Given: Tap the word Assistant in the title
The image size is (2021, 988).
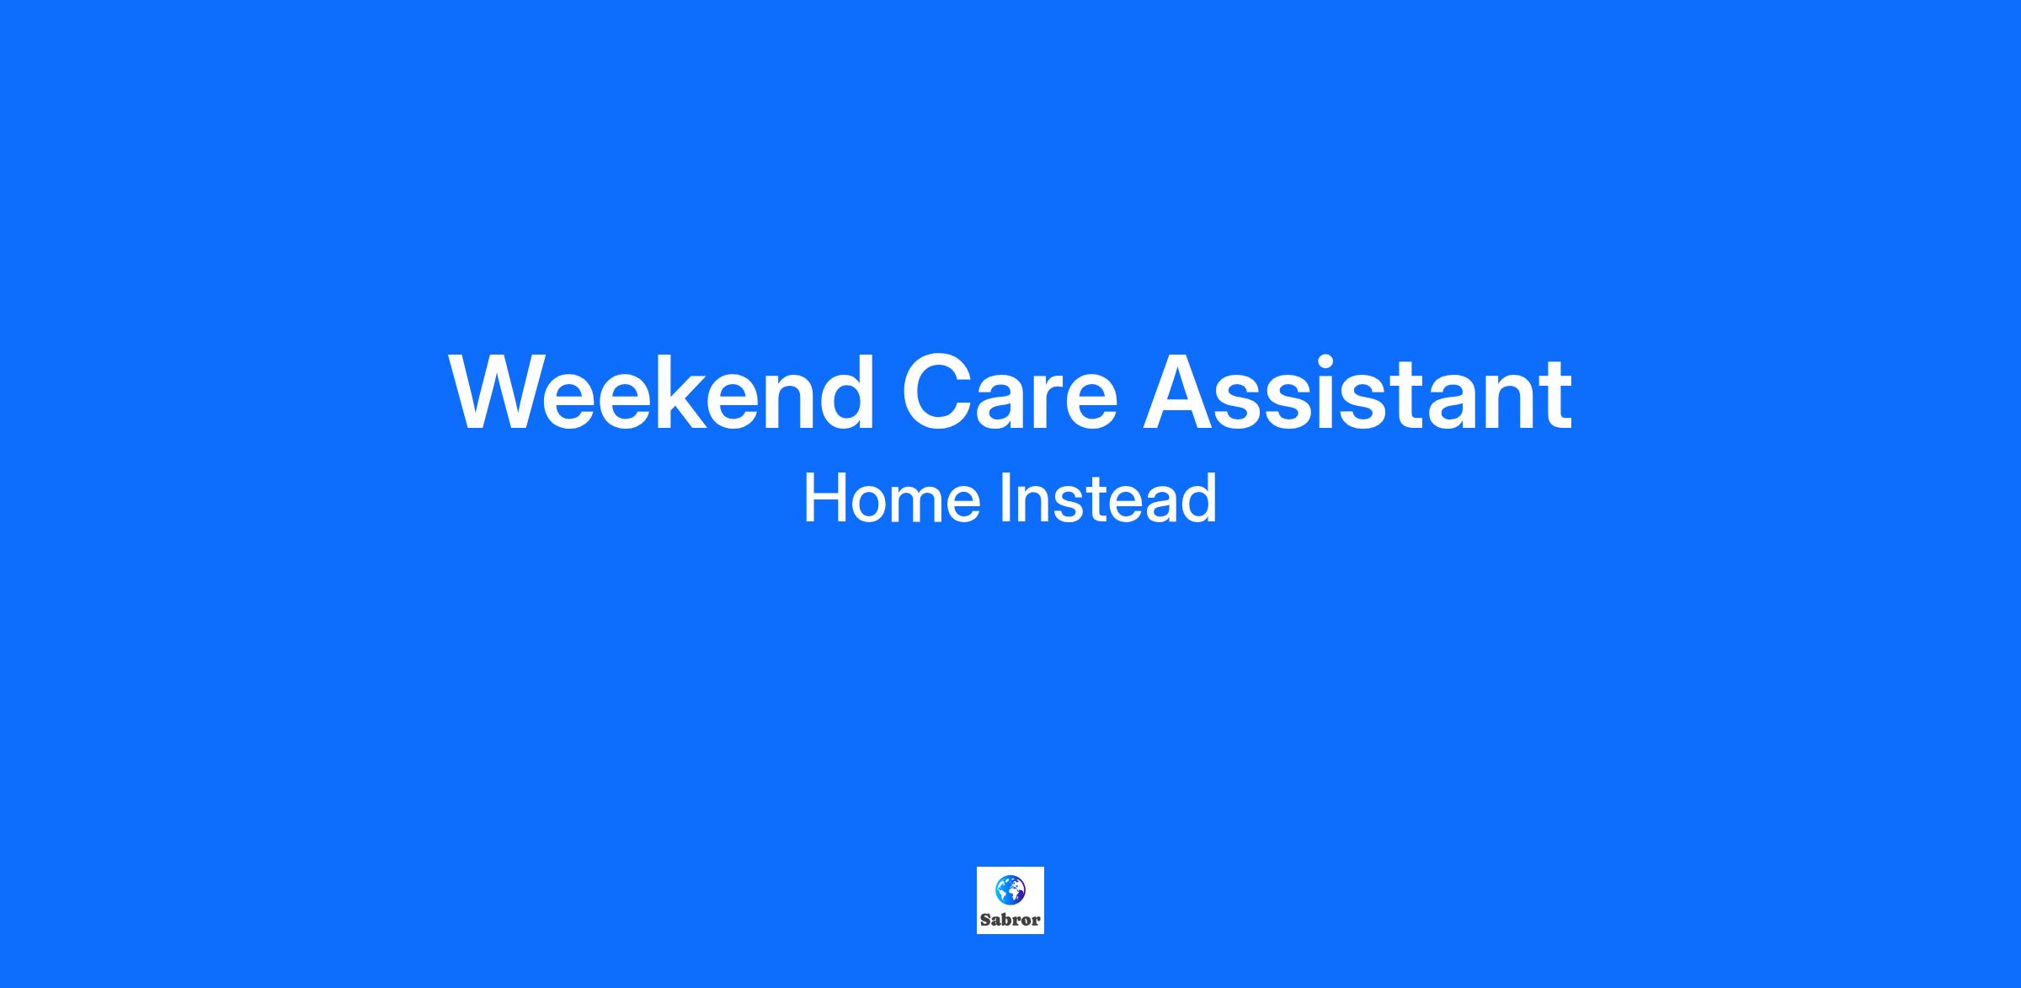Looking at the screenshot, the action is point(1357,393).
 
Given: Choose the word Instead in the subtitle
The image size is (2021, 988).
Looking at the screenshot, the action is point(1108,498).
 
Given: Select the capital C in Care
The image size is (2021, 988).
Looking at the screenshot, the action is point(936,393).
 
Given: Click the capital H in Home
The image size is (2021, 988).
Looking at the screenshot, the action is point(824,498).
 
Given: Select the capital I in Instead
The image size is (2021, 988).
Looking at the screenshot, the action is point(1005,498).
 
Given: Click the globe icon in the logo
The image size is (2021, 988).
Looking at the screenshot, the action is point(1010,890).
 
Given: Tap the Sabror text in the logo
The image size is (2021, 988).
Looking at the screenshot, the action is point(1010,920).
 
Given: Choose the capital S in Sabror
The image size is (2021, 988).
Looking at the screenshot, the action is point(985,920).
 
